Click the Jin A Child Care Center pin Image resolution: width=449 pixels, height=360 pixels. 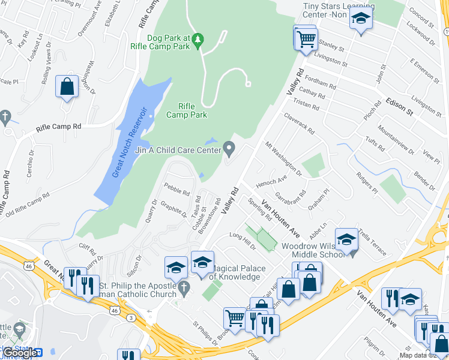click(x=229, y=147)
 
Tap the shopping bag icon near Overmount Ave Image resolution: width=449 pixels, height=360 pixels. click(x=67, y=86)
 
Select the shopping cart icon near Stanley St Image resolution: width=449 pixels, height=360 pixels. click(x=306, y=40)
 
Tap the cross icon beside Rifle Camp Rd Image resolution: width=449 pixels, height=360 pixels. click(x=5, y=116)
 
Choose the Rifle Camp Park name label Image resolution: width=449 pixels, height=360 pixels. click(x=186, y=110)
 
